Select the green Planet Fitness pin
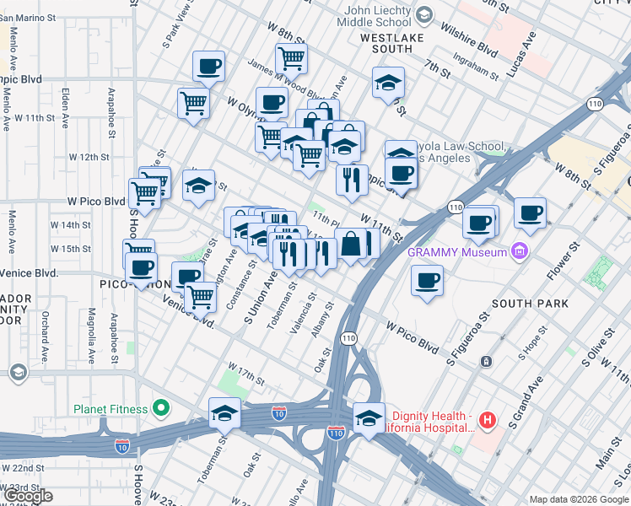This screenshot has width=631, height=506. (x=160, y=410)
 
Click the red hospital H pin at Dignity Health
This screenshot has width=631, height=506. (x=486, y=418)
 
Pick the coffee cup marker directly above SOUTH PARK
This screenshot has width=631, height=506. (x=427, y=281)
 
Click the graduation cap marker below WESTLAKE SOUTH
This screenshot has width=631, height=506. (x=388, y=83)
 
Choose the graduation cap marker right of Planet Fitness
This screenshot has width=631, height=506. (x=224, y=413)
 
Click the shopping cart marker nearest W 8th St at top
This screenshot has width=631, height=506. (x=291, y=59)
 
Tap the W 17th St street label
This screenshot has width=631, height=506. (x=245, y=376)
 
